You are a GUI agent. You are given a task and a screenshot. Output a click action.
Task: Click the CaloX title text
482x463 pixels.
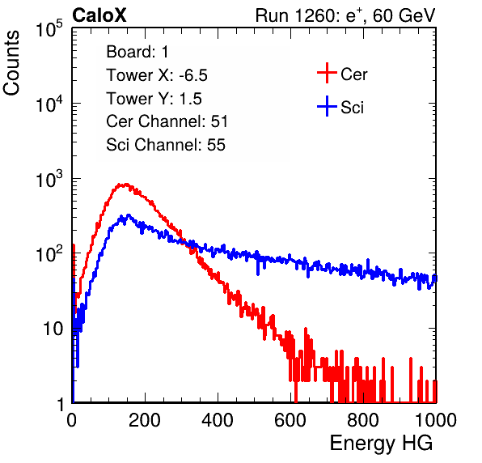point(99,15)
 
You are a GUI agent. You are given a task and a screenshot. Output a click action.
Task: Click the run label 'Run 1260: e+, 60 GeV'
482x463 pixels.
point(345,15)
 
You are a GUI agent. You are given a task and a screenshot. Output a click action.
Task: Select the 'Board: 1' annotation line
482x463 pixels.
point(137,52)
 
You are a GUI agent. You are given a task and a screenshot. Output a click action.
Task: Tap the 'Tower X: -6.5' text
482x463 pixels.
point(157,75)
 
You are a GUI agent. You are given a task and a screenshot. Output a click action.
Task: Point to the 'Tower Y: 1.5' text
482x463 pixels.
point(154,99)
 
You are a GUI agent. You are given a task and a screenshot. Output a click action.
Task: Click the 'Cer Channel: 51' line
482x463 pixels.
point(167,121)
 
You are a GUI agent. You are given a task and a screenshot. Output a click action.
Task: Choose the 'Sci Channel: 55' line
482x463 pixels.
point(166,145)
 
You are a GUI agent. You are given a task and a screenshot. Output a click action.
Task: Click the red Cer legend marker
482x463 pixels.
point(327,73)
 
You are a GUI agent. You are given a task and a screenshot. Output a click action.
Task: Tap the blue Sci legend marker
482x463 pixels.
point(327,107)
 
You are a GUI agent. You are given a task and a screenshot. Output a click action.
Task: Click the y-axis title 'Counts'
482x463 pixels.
point(11,62)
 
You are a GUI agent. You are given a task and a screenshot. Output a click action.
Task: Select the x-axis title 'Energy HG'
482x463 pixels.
point(381,444)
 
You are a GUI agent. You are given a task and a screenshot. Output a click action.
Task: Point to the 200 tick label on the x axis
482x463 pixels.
point(145,420)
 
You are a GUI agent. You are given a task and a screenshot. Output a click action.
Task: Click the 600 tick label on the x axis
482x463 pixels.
point(290,420)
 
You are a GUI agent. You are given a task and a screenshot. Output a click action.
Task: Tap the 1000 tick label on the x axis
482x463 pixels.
point(436,420)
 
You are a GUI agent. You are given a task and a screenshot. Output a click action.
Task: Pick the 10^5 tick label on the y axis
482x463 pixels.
point(49,29)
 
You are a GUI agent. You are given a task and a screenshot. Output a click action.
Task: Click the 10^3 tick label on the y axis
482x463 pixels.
point(49,180)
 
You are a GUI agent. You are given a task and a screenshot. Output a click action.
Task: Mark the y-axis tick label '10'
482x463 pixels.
point(53,329)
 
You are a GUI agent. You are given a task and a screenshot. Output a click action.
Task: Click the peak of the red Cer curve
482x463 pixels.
point(125,185)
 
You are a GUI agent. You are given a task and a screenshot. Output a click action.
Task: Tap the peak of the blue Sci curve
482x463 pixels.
point(129,215)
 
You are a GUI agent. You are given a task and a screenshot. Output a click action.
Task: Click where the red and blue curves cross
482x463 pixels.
point(184,241)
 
